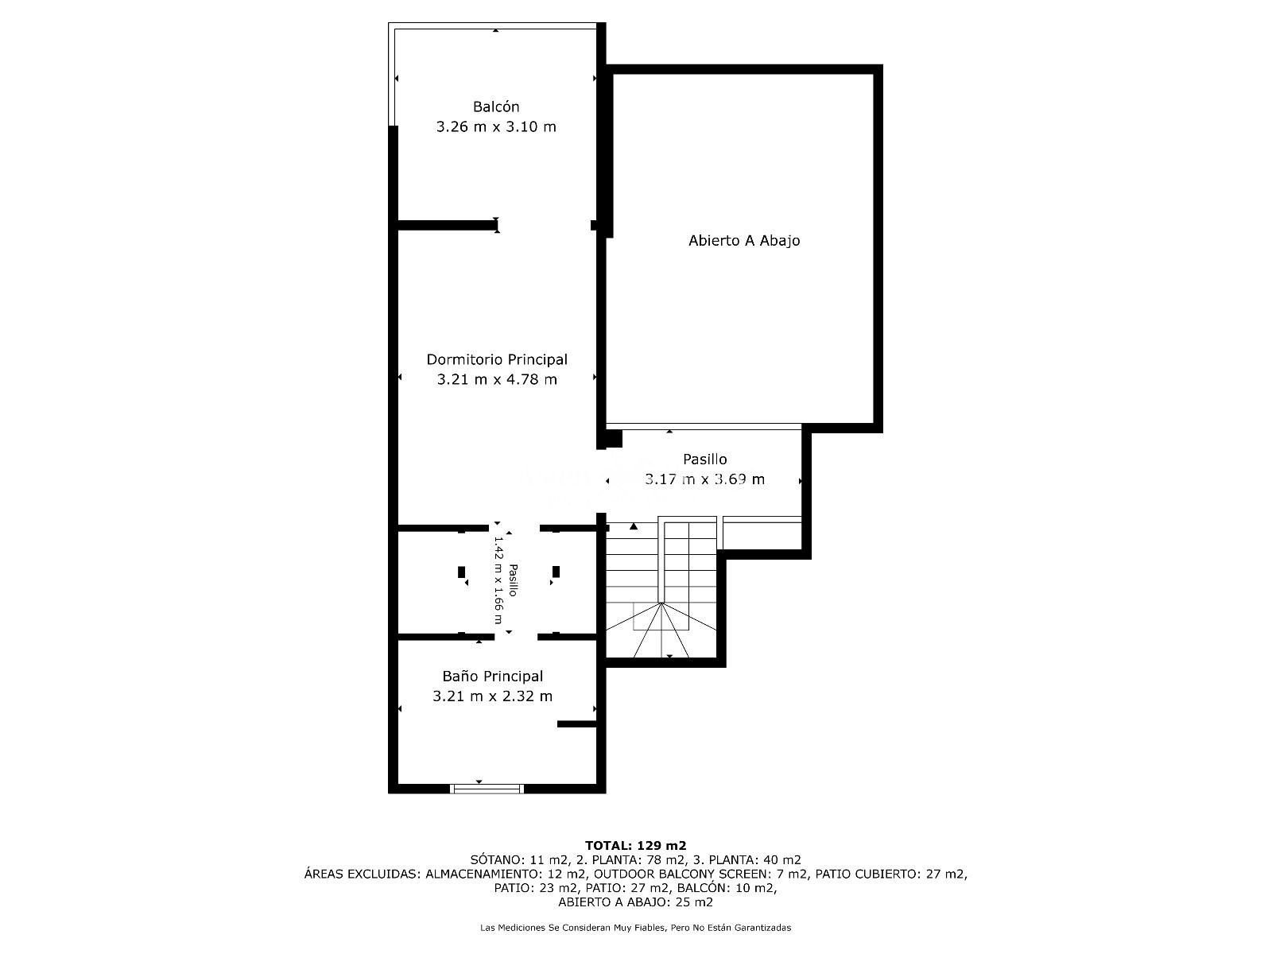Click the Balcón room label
(495, 107)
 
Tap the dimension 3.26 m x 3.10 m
(496, 127)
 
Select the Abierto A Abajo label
(744, 240)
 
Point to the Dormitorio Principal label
(497, 359)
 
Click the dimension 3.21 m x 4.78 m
(497, 379)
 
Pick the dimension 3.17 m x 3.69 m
(704, 479)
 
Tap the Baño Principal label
(493, 676)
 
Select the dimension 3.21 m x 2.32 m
(493, 696)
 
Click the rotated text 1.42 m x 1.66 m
(498, 580)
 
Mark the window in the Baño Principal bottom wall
(487, 789)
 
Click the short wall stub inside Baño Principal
(576, 724)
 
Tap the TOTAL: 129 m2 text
(636, 846)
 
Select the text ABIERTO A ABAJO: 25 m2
(636, 902)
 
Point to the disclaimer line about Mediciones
(636, 928)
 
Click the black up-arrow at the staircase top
(634, 526)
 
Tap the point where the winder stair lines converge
(661, 603)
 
